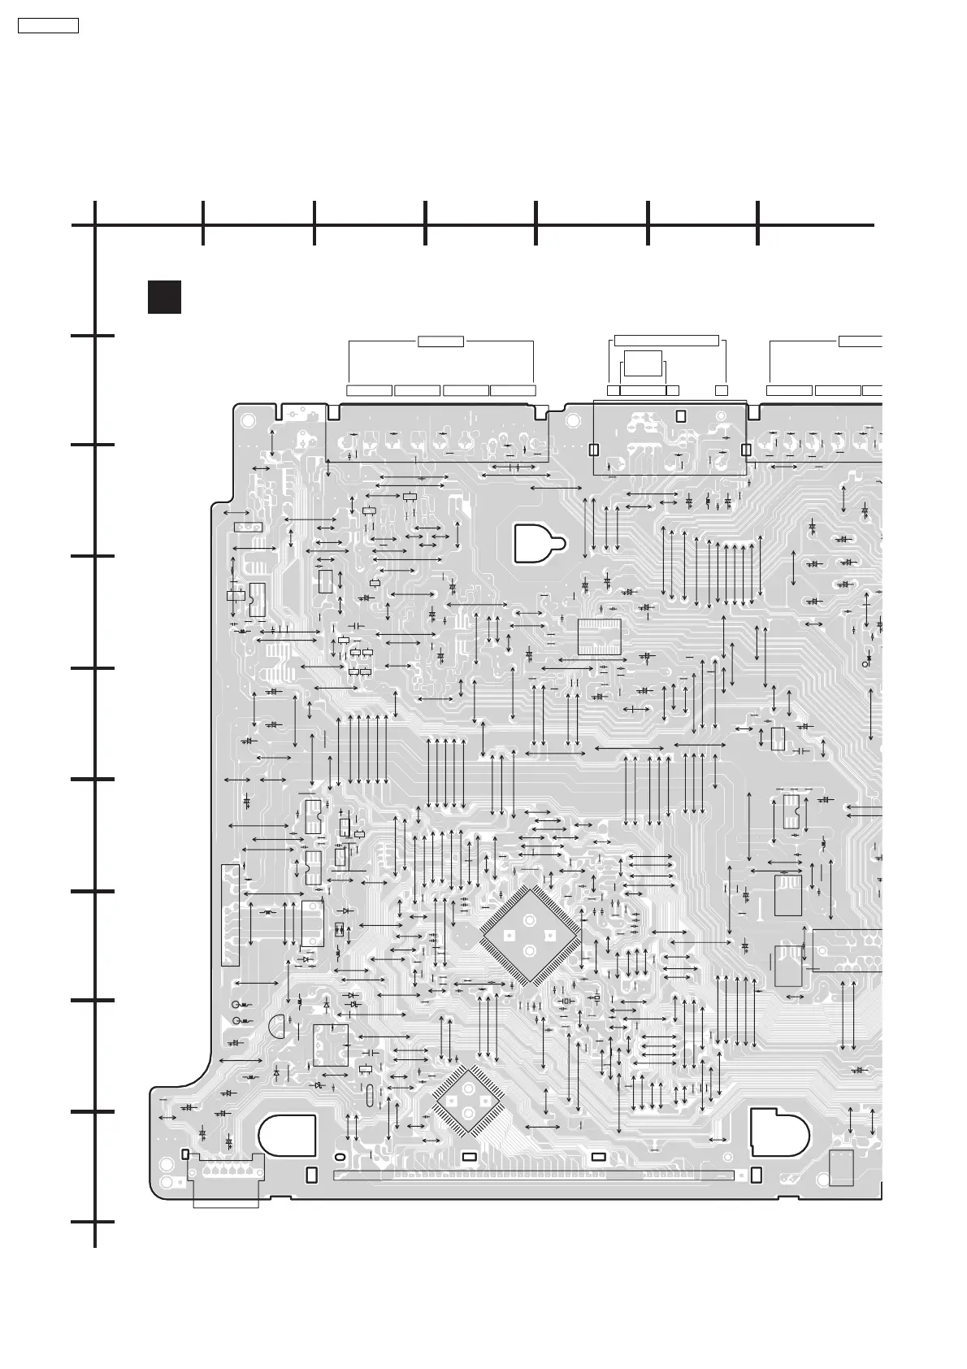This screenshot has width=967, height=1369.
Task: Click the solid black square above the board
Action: pyautogui.click(x=163, y=297)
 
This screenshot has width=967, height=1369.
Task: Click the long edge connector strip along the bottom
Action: pyautogui.click(x=533, y=1176)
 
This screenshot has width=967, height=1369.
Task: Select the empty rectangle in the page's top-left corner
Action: pyautogui.click(x=49, y=25)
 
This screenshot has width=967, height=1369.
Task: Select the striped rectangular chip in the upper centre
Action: pyautogui.click(x=599, y=637)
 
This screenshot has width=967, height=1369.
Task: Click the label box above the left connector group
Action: pyautogui.click(x=440, y=341)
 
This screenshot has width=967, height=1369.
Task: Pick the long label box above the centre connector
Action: pyautogui.click(x=666, y=340)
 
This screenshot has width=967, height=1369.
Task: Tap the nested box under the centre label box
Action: pyautogui.click(x=643, y=363)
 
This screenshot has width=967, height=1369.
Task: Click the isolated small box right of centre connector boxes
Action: pyautogui.click(x=721, y=390)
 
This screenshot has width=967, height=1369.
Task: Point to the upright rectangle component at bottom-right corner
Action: pyautogui.click(x=841, y=1167)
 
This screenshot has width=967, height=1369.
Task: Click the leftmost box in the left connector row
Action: pyautogui.click(x=370, y=390)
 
